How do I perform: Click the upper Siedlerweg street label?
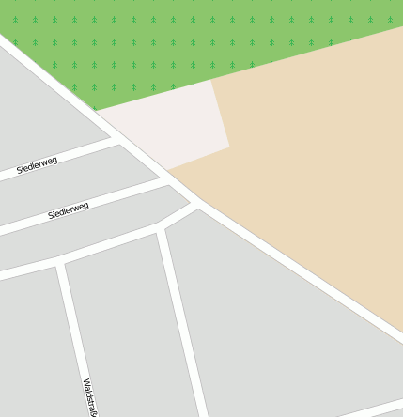pyautogui.click(x=37, y=165)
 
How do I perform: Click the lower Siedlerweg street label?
pyautogui.click(x=68, y=210)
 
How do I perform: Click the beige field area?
pyautogui.click(x=310, y=169)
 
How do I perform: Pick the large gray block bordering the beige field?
pyautogui.click(x=282, y=329)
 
